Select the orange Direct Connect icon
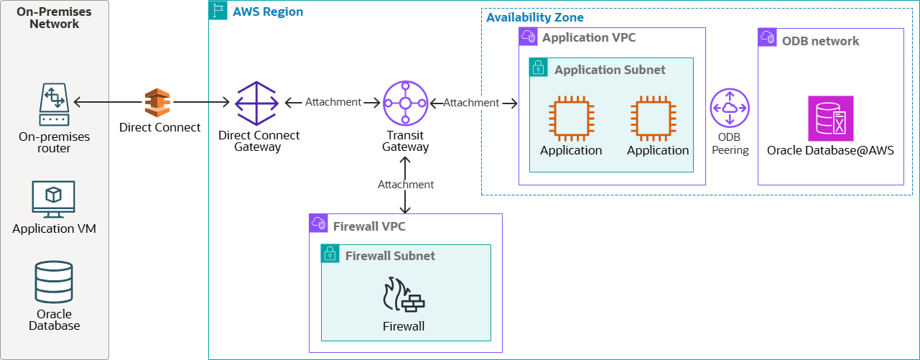pos(157,103)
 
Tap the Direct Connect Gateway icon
pos(257,103)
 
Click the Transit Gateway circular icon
pos(405,103)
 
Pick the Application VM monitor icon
pos(54,199)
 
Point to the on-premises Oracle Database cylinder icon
pos(54,282)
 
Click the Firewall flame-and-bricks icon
pos(404,295)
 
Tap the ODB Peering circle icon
pos(730,109)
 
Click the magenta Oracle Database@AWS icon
pos(831,118)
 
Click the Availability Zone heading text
pos(535,17)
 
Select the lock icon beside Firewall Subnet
pos(330,254)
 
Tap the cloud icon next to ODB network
pos(768,38)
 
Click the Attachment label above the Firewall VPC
pos(406,185)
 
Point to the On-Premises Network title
pos(55,17)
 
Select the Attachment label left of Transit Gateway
pos(333,102)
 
